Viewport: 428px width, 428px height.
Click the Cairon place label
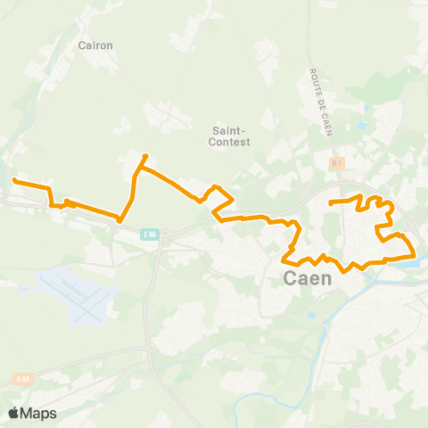(x=95, y=44)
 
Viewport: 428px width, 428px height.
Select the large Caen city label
(x=307, y=278)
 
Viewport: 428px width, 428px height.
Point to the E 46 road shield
(x=149, y=235)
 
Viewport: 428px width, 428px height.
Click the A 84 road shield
(x=22, y=379)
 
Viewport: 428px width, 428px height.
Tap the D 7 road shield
(x=336, y=163)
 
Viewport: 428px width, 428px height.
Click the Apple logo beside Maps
(x=14, y=413)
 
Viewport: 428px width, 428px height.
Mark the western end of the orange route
(x=14, y=181)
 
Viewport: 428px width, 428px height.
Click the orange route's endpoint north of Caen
(x=331, y=203)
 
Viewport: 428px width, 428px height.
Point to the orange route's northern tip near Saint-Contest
(x=144, y=158)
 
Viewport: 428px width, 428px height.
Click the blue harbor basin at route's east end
(x=407, y=262)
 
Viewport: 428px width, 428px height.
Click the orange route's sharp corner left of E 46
(x=119, y=219)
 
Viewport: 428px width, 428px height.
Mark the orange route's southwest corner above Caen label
(x=286, y=260)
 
